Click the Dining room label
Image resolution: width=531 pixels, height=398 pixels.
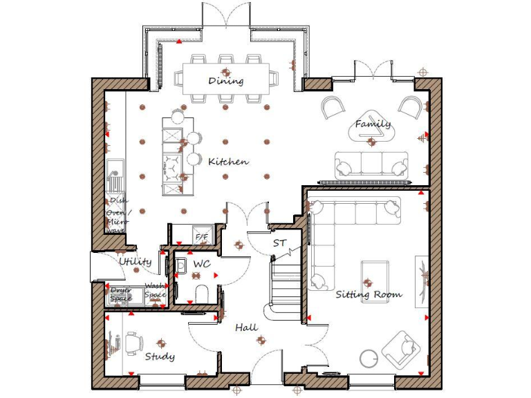pyautogui.click(x=226, y=81)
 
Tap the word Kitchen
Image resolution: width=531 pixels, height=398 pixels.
pyautogui.click(x=228, y=162)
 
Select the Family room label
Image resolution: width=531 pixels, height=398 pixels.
pyautogui.click(x=373, y=124)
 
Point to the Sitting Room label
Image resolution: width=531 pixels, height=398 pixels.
pyautogui.click(x=369, y=294)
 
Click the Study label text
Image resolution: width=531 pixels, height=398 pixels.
pyautogui.click(x=160, y=357)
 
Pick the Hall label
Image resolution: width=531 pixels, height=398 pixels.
pyautogui.click(x=246, y=327)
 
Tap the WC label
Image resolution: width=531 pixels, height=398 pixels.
pyautogui.click(x=201, y=265)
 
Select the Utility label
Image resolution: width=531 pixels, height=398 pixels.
pyautogui.click(x=135, y=262)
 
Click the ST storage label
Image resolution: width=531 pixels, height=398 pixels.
pyautogui.click(x=279, y=243)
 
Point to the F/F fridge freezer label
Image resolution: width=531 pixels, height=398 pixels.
pyautogui.click(x=202, y=238)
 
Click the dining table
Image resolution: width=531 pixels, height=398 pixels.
pyautogui.click(x=226, y=78)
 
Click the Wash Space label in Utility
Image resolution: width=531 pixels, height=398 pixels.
pyautogui.click(x=156, y=290)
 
